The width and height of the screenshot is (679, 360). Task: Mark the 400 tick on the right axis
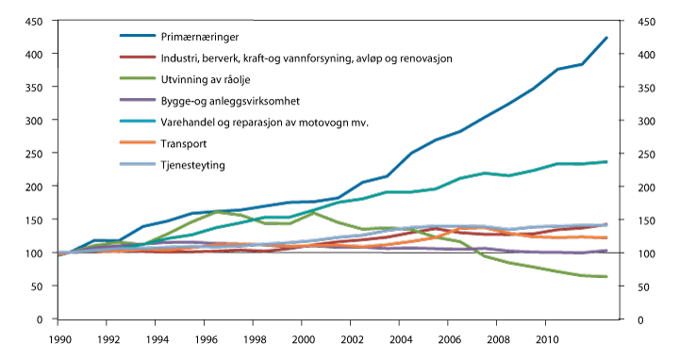(x=643, y=55)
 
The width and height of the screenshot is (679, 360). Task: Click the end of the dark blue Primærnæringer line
(x=606, y=38)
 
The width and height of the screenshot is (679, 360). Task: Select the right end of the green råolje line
(x=606, y=276)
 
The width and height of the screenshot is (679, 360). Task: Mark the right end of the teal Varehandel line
(x=606, y=162)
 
